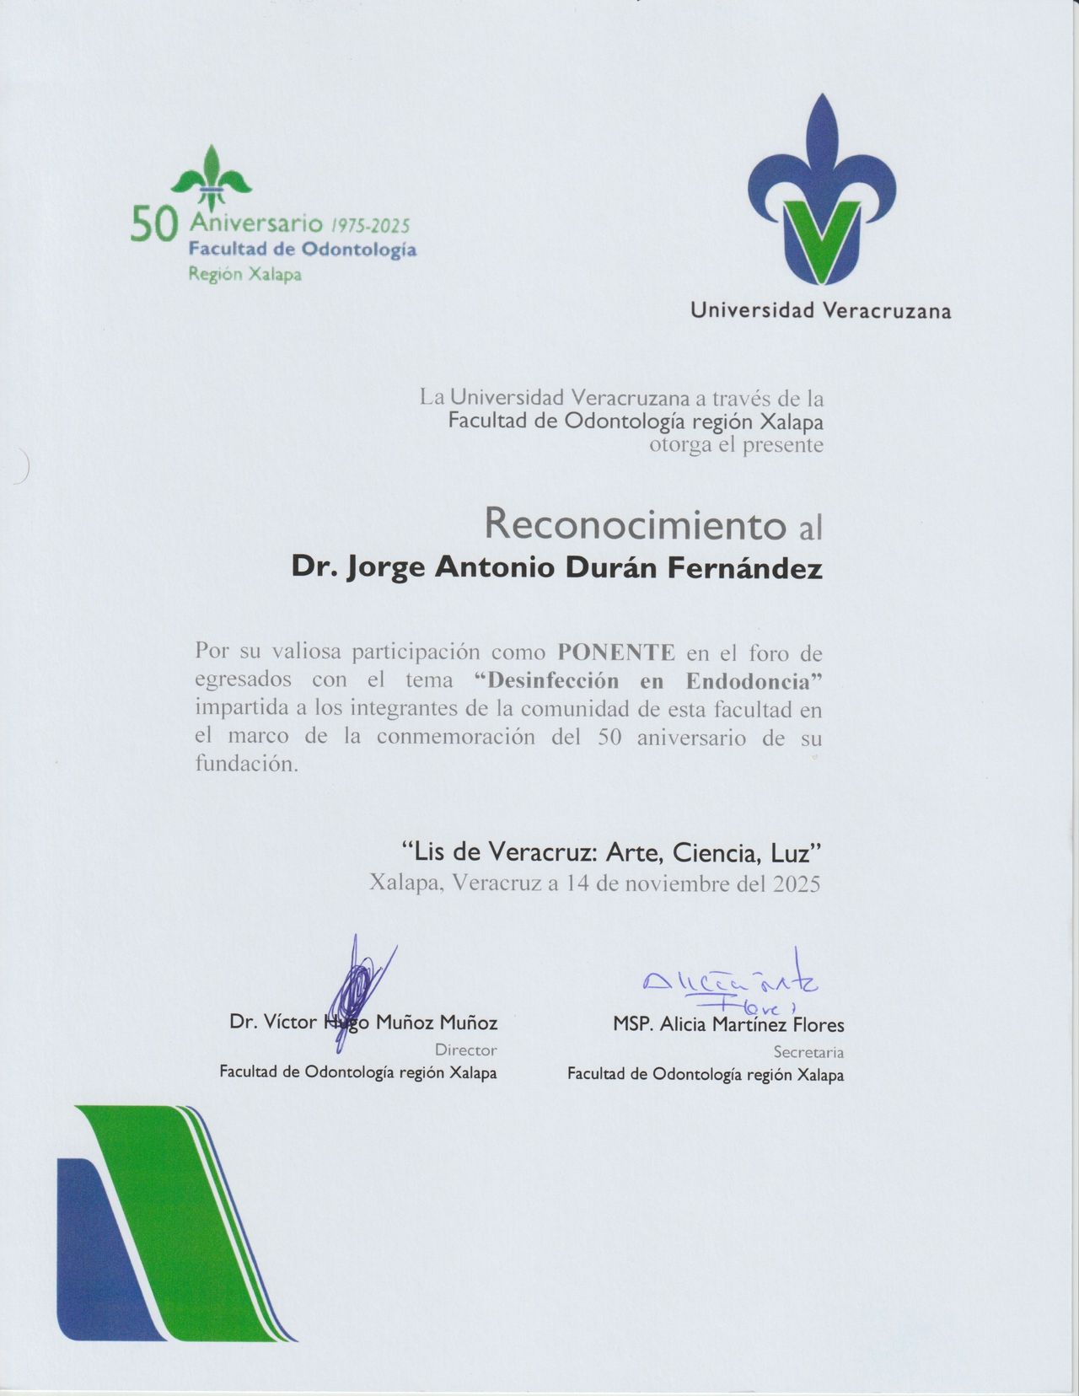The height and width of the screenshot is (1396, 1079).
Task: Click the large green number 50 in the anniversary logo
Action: point(154,226)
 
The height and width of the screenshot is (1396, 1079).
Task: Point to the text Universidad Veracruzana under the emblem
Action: point(820,311)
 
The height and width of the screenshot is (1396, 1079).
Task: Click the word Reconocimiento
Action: point(635,525)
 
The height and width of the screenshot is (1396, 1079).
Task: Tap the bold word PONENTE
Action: point(616,652)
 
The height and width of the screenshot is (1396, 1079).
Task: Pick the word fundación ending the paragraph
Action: point(246,765)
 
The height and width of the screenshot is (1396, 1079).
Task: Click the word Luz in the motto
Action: point(796,853)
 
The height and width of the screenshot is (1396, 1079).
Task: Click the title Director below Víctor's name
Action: point(465,1050)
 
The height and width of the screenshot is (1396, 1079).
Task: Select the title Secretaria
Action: point(808,1052)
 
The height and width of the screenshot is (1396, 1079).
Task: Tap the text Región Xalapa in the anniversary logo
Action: point(244,275)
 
